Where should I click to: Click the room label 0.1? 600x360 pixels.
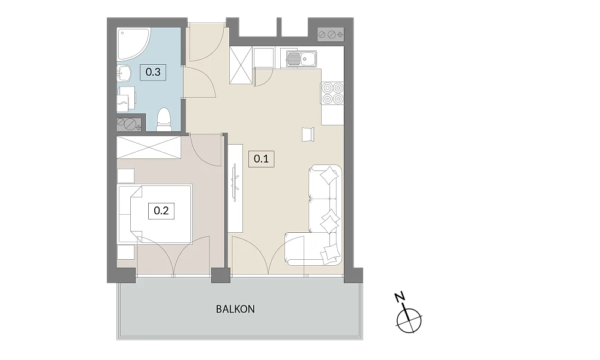pyautogui.click(x=262, y=158)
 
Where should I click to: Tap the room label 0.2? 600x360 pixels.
pyautogui.click(x=161, y=211)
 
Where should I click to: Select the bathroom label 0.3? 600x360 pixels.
pyautogui.click(x=152, y=72)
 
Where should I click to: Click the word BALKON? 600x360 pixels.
pyautogui.click(x=235, y=309)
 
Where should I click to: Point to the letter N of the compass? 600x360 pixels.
pyautogui.click(x=400, y=297)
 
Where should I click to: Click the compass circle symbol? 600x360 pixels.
pyautogui.click(x=409, y=320)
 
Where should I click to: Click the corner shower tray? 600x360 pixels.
pyautogui.click(x=133, y=44)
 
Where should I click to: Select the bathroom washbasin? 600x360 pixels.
pyautogui.click(x=124, y=73)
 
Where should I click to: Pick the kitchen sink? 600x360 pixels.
pyautogui.click(x=302, y=59)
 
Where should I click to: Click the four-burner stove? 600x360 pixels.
pyautogui.click(x=332, y=94)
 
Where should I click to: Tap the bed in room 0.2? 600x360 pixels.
pyautogui.click(x=155, y=214)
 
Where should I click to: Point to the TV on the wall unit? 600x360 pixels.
pyautogui.click(x=235, y=182)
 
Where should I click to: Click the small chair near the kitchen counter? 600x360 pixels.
pyautogui.click(x=308, y=134)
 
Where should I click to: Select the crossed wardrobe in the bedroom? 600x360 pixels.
pyautogui.click(x=148, y=147)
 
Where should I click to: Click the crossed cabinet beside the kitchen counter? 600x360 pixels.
pyautogui.click(x=241, y=65)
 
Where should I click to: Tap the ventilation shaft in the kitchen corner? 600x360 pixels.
pyautogui.click(x=331, y=34)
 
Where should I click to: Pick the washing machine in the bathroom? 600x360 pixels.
pyautogui.click(x=126, y=99)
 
